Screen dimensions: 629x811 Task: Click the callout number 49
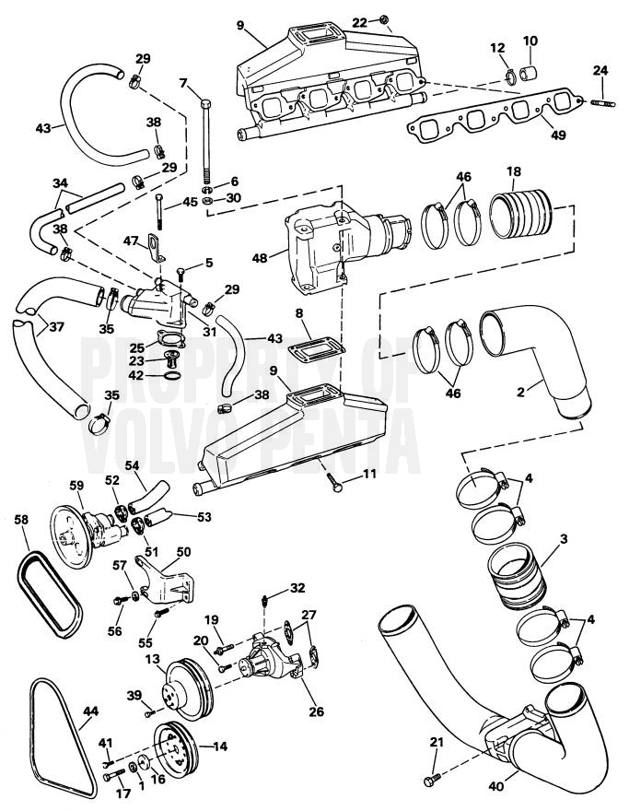point(558,135)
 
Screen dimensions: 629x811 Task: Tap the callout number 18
point(514,171)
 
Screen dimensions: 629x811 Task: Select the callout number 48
point(260,257)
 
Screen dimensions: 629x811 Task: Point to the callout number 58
point(22,519)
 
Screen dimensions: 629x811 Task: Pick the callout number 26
point(316,711)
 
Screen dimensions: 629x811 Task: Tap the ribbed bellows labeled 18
point(521,214)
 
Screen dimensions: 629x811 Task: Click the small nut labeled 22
point(383,19)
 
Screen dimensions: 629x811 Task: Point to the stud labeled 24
point(604,104)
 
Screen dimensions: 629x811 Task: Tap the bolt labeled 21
point(432,781)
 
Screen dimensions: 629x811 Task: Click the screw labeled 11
point(334,483)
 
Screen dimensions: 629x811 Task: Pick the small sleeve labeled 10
point(528,74)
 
